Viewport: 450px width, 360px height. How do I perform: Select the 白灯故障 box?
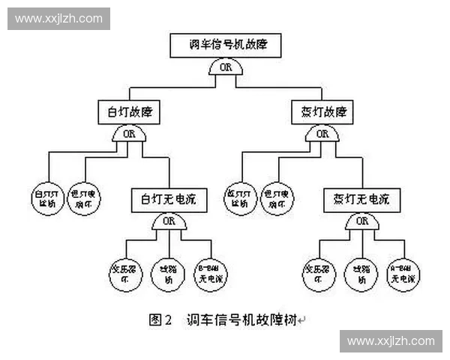point(129,112)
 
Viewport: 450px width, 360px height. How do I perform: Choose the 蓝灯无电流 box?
point(361,200)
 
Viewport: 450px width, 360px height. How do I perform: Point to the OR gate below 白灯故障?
point(129,133)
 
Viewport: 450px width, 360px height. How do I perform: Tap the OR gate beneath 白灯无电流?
point(169,221)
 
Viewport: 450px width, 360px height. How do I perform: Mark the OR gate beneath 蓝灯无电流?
point(362,221)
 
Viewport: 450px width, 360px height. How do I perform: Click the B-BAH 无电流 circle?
point(211,273)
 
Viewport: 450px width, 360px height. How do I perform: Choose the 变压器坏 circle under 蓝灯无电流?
point(319,273)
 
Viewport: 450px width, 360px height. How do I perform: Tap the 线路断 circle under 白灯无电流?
point(168,273)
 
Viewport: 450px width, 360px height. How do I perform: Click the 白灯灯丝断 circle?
point(49,198)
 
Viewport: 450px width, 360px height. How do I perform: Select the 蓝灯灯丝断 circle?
point(241,198)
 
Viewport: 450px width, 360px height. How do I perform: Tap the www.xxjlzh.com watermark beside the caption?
point(391,340)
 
